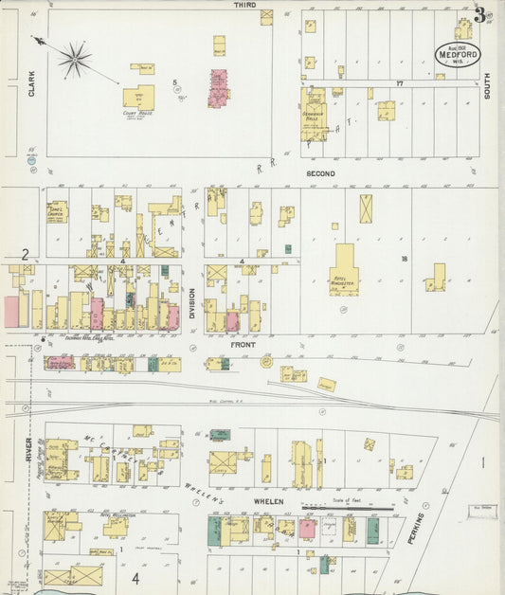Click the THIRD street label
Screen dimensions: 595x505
245,6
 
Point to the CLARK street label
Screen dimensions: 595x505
31,84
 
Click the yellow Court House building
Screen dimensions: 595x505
138,97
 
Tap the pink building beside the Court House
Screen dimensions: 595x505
219,87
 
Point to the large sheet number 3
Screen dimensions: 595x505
481,15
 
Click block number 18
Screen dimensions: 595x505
404,258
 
